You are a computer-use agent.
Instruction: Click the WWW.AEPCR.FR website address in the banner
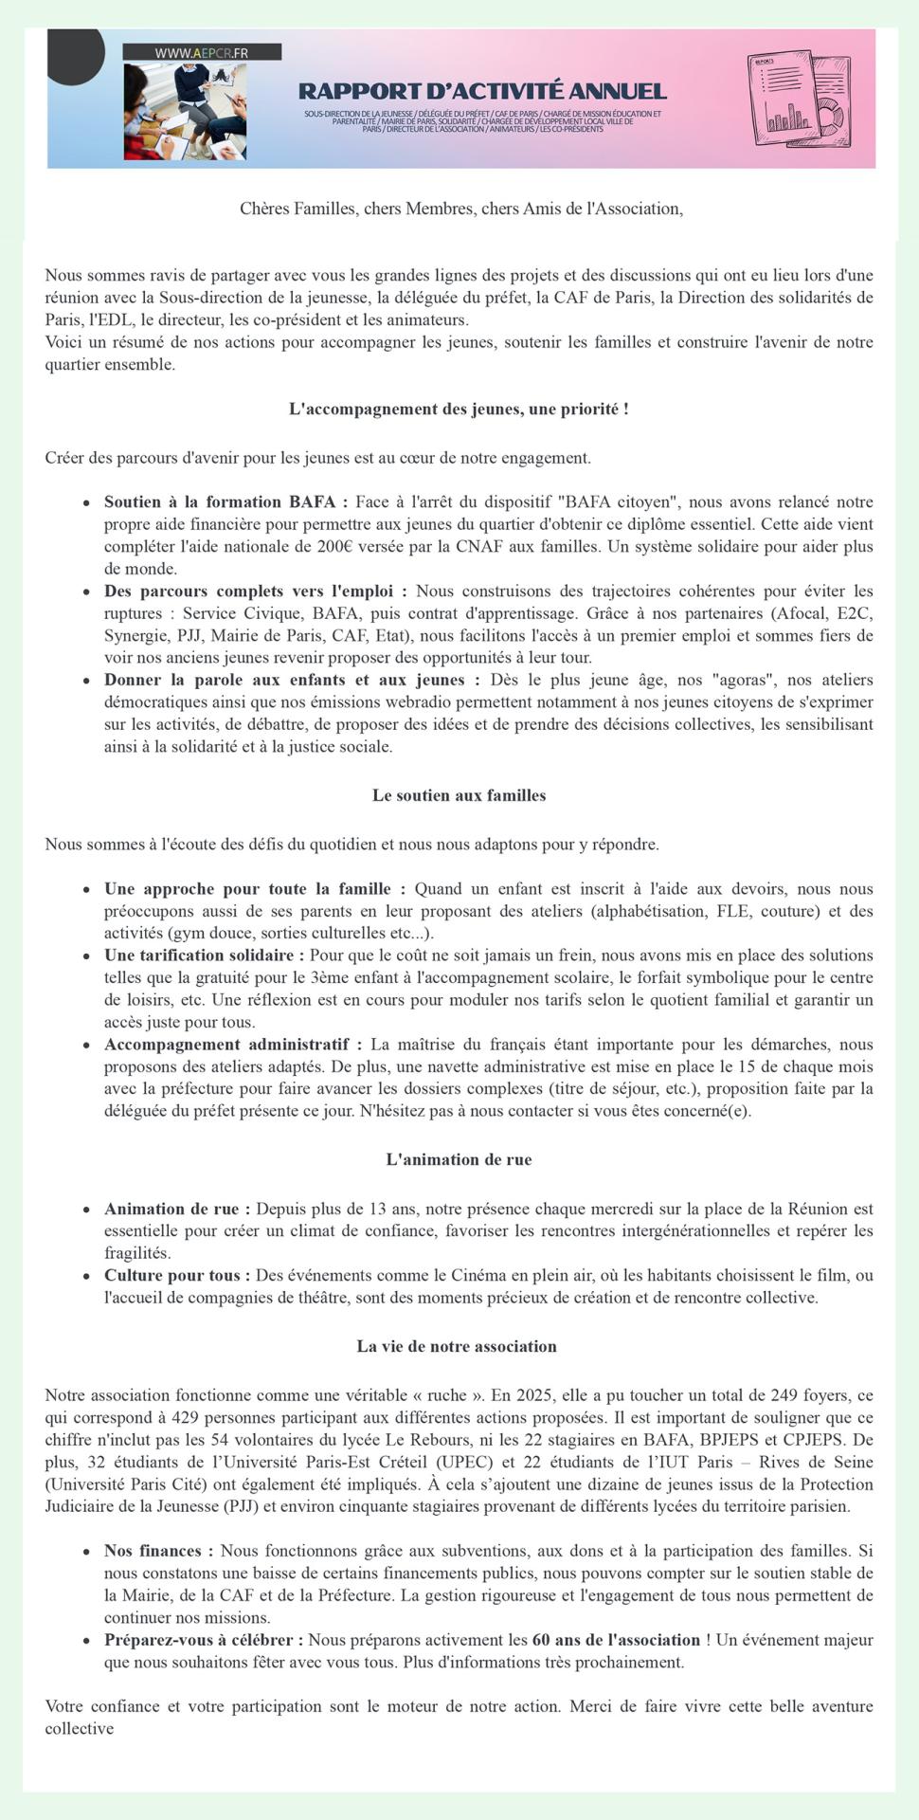pos(201,53)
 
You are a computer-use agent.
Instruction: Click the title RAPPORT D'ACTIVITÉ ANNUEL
pos(482,91)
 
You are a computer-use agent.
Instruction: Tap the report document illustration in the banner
pos(797,99)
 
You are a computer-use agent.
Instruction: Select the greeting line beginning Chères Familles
pos(460,209)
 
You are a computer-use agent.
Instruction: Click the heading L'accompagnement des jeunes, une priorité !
pos(459,409)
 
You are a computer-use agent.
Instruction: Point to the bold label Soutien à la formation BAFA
pos(225,502)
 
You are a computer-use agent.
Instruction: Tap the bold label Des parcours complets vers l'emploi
pos(255,591)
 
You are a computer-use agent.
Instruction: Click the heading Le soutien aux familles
pos(459,795)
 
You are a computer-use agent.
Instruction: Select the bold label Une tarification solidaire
pos(204,955)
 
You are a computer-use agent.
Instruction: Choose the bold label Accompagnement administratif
pos(232,1045)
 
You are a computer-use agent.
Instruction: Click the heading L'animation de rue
pos(459,1159)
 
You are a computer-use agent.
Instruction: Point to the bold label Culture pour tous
pos(176,1276)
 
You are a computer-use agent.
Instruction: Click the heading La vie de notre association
pos(457,1346)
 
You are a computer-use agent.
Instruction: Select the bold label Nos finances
pos(158,1552)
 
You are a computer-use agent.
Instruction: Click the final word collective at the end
pos(80,1729)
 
